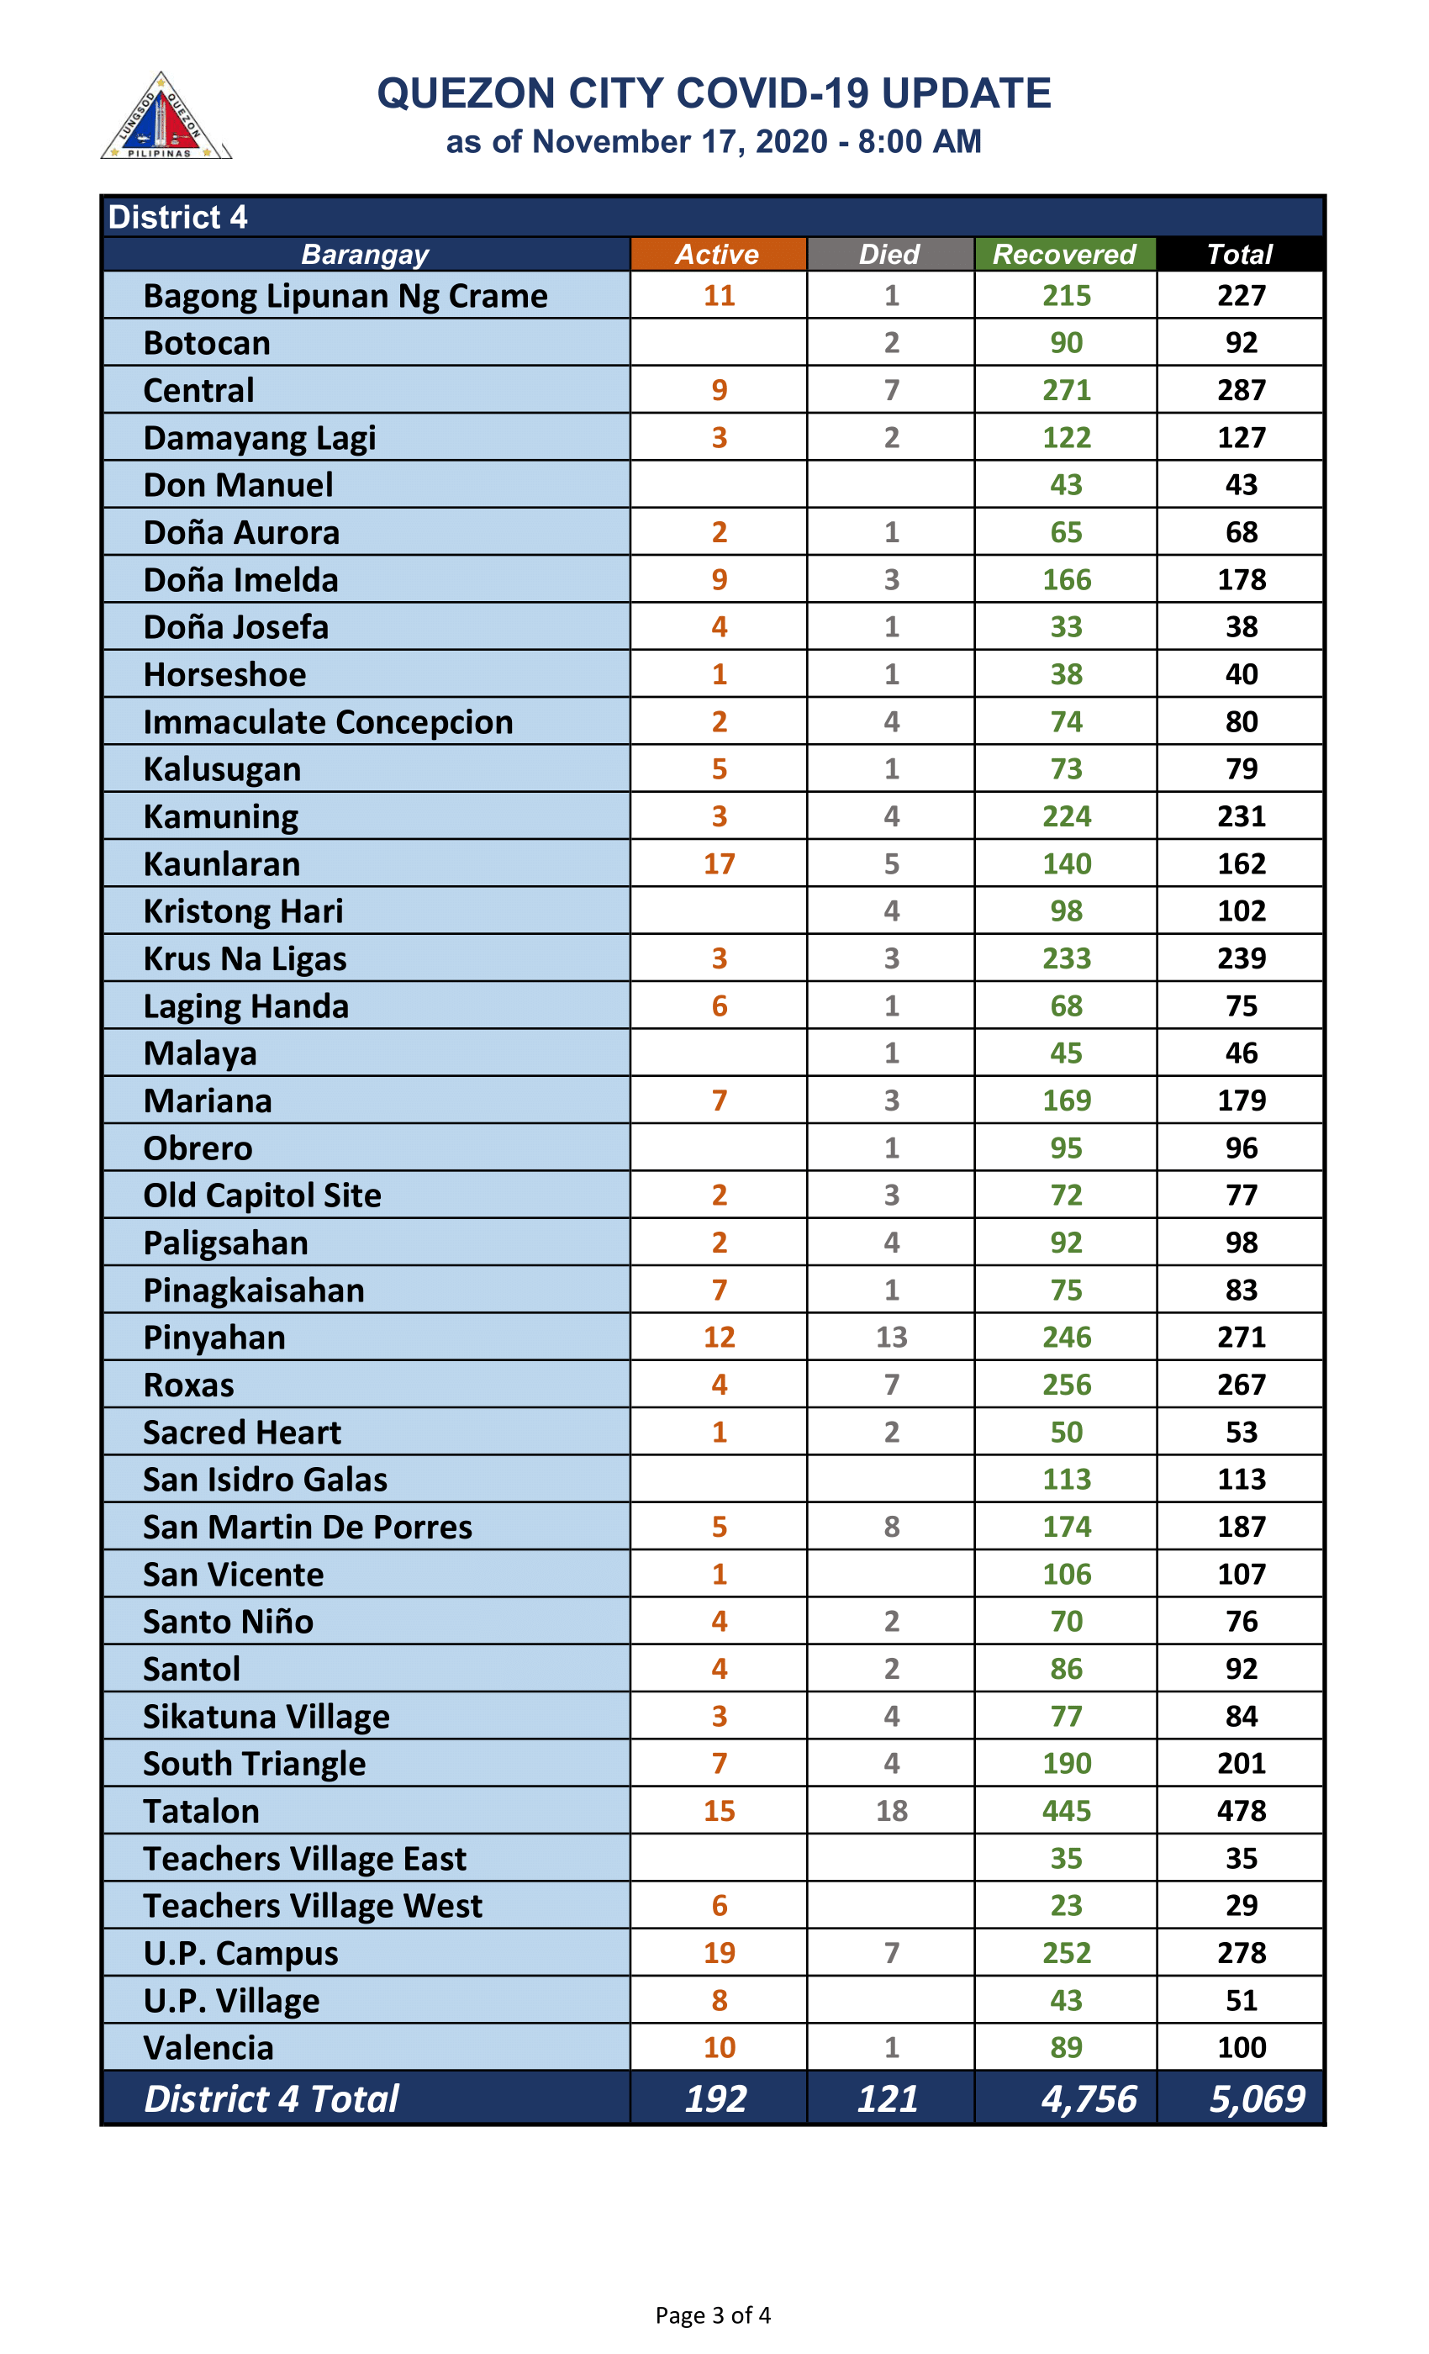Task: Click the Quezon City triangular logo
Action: [164, 118]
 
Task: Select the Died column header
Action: [889, 254]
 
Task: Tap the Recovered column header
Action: [1064, 254]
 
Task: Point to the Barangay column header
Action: [365, 254]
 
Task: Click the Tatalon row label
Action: [202, 1812]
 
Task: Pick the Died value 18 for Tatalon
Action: [891, 1812]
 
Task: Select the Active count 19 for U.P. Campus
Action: [720, 1953]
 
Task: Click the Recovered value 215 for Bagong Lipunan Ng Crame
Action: [1066, 295]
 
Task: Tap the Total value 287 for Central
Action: [1241, 390]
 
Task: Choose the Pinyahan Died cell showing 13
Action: [891, 1338]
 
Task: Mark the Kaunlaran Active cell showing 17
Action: [720, 863]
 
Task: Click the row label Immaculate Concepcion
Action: [328, 722]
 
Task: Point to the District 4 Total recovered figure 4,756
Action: [1089, 2099]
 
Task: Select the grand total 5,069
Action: [1256, 2099]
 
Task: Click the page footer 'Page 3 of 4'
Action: [713, 2316]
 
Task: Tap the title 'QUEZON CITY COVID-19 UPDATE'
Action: [714, 93]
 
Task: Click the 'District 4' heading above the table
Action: [177, 218]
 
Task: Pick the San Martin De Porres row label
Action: [308, 1527]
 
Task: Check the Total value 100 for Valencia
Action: [1241, 2047]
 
